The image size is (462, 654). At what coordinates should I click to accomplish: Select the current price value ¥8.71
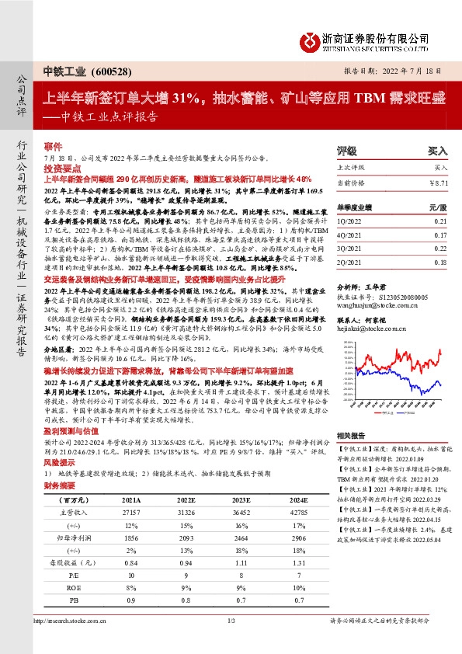tap(438, 182)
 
